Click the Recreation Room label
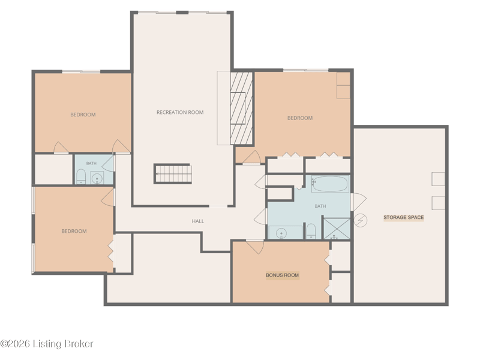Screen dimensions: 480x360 (180, 112)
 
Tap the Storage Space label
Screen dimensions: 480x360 (403, 217)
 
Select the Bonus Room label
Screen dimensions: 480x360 (282, 275)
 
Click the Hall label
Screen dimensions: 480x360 (198, 221)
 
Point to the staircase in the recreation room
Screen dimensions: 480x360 (173, 174)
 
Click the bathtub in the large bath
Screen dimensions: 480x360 (330, 184)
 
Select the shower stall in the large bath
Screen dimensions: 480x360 (337, 229)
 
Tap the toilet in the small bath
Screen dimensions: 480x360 (81, 176)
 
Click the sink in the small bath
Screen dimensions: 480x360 (97, 178)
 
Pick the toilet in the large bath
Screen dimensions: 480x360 (311, 231)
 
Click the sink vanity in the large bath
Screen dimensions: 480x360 (286, 232)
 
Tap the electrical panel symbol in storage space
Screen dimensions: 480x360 (361, 220)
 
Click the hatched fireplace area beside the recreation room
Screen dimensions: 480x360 (242, 109)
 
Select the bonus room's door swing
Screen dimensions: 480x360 (254, 247)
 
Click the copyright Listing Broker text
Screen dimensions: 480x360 (47, 344)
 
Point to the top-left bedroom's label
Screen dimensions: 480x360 (83, 115)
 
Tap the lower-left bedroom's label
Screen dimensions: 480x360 (74, 231)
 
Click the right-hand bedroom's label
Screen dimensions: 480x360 (300, 118)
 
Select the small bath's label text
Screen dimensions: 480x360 (91, 163)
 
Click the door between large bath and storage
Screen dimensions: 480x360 (358, 202)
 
